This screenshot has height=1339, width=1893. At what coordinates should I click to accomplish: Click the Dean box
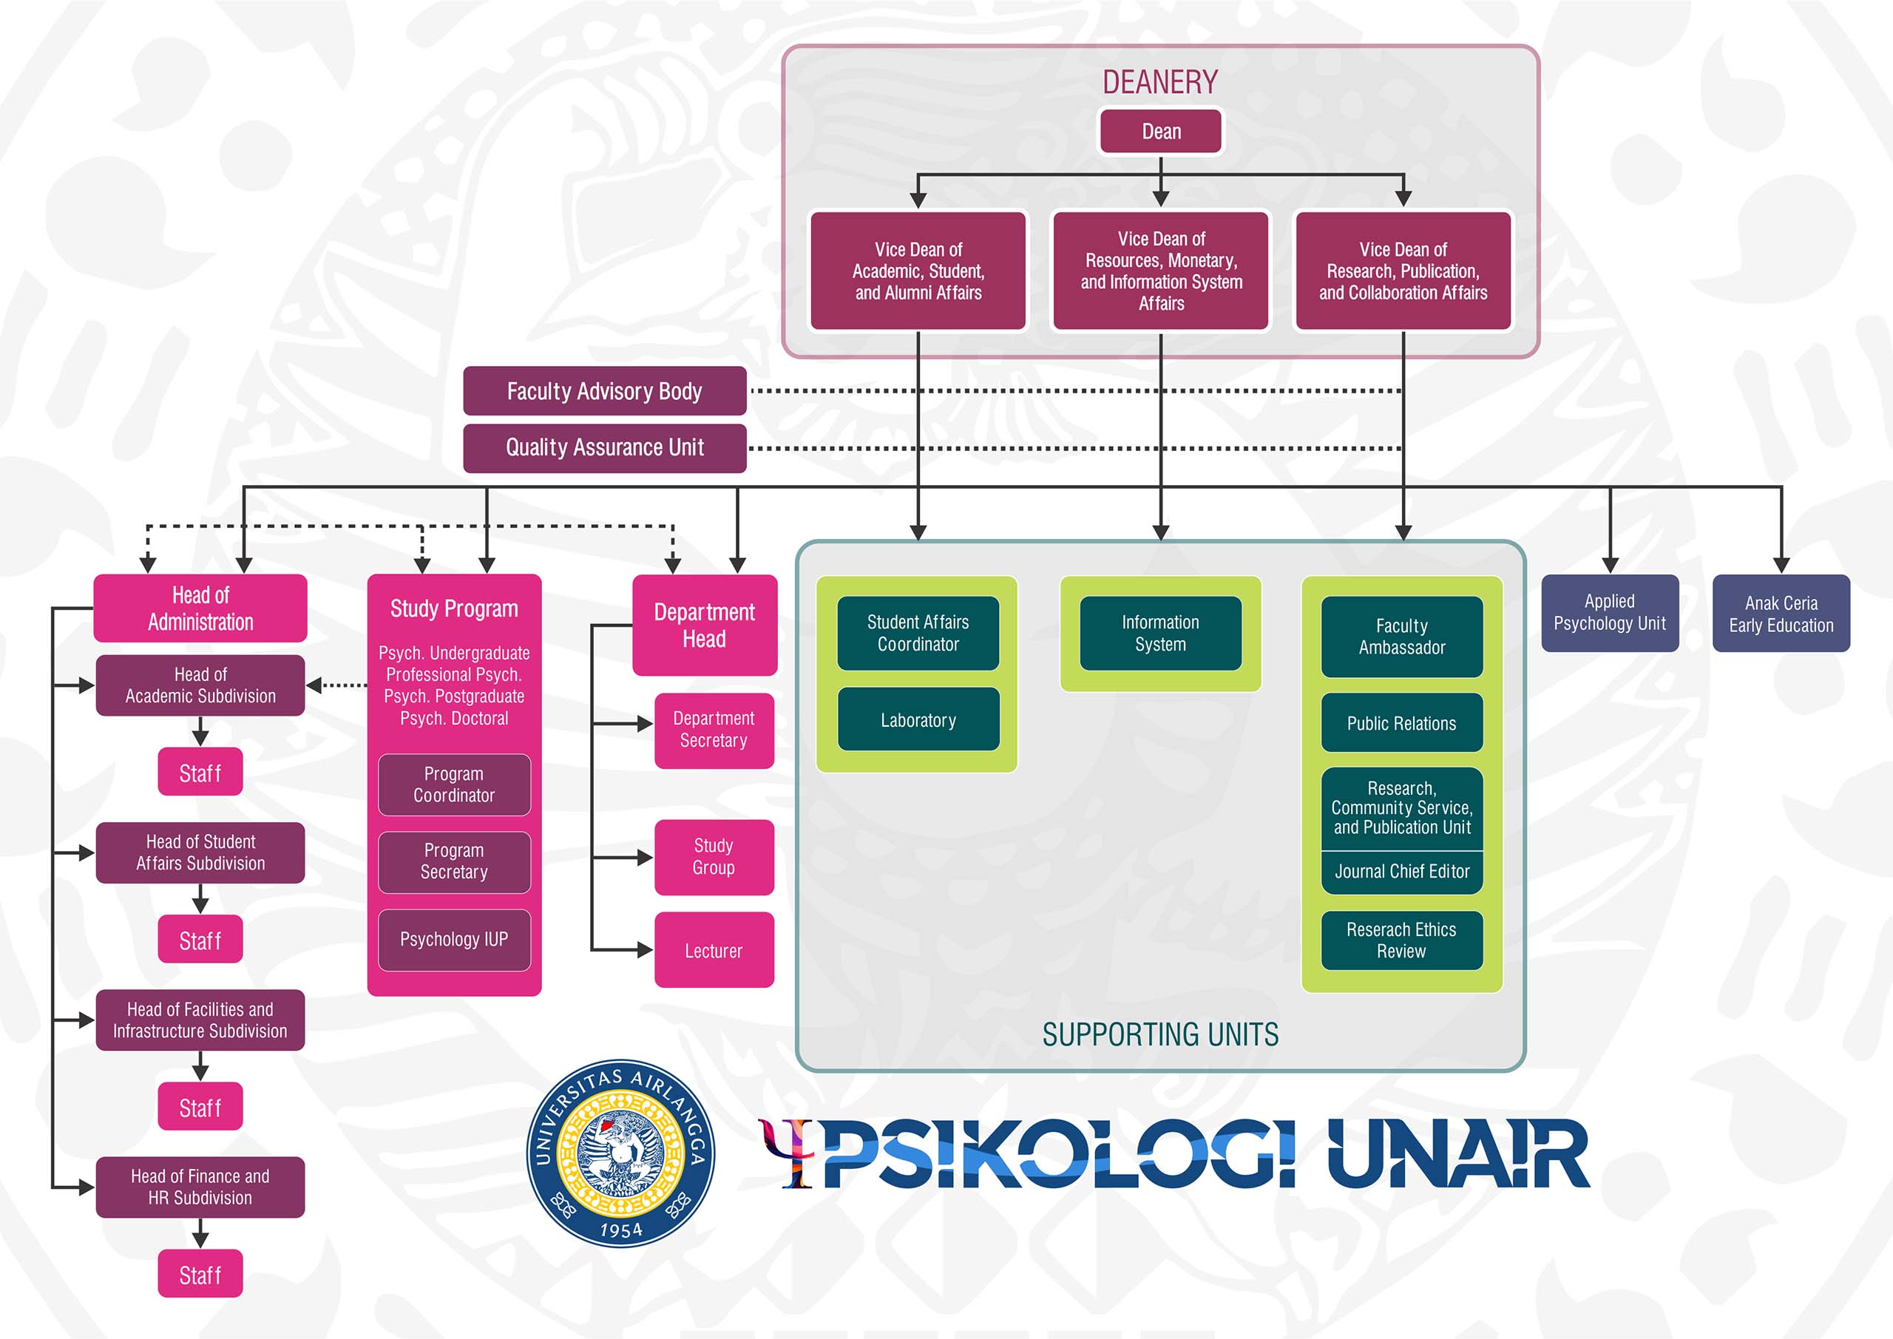click(1161, 131)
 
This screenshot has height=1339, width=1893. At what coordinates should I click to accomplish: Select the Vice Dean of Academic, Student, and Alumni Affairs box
click(918, 271)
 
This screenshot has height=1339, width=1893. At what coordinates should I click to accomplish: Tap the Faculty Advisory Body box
click(604, 391)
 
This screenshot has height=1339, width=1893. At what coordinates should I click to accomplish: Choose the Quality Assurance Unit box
click(604, 448)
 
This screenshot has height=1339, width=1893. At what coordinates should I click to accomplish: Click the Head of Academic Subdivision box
click(200, 685)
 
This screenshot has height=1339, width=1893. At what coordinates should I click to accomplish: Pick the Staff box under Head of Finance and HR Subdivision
click(200, 1275)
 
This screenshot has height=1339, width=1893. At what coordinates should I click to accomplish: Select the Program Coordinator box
click(454, 785)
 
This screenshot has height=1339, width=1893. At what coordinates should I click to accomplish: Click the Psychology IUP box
click(454, 940)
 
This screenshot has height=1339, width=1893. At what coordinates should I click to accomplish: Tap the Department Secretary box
click(714, 730)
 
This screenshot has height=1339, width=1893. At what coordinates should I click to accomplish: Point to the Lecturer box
click(714, 950)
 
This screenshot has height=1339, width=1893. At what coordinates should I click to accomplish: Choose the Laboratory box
click(918, 720)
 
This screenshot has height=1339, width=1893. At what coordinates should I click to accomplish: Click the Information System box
click(1161, 633)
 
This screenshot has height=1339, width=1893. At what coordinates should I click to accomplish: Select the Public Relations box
click(1401, 723)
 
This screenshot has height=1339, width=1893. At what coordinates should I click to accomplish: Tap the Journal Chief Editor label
click(1401, 872)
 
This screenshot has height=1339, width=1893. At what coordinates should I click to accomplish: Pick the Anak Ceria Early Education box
click(1781, 614)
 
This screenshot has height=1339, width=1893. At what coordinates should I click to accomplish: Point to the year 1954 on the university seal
click(621, 1230)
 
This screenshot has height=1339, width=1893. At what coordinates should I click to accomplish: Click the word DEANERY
click(1160, 83)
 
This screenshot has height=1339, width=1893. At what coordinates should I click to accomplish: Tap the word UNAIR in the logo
click(1458, 1153)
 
